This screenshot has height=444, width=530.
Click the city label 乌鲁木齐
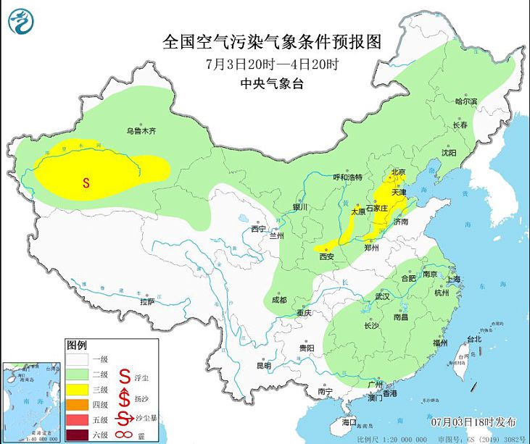(x=141, y=131)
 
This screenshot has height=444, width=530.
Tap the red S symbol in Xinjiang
(x=86, y=183)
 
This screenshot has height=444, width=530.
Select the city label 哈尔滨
(x=466, y=101)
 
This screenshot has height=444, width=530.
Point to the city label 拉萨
(x=147, y=301)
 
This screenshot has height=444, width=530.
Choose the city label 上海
(x=456, y=279)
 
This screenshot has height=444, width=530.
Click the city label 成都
(x=278, y=300)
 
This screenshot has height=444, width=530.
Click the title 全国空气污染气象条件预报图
(x=272, y=41)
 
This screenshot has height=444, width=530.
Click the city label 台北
(x=473, y=339)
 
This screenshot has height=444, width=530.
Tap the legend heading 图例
(x=77, y=343)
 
